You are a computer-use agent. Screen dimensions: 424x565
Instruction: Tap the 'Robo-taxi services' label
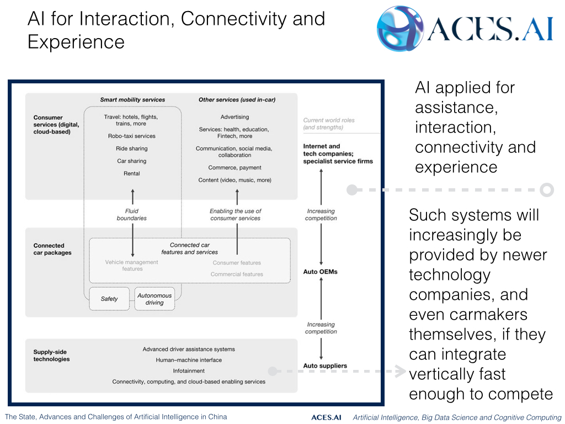coord(132,136)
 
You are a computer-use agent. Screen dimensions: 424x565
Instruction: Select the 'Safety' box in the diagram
coord(109,299)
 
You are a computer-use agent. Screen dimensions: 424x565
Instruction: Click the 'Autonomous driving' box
coord(154,299)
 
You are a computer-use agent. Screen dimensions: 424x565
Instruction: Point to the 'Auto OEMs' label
coord(320,272)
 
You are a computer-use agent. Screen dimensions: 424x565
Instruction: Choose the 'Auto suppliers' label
coord(325,366)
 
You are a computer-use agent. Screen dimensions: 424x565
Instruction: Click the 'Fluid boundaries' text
coord(132,214)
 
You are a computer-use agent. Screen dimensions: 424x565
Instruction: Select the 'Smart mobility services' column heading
coord(132,100)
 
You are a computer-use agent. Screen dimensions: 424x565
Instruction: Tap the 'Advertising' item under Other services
coord(234,117)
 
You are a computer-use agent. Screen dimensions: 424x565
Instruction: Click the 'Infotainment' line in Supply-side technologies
coord(189,371)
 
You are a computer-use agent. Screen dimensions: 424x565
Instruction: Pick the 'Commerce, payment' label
coord(234,168)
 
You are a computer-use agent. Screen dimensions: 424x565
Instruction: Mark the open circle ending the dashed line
coord(546,190)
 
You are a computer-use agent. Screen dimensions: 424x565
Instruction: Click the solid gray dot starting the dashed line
coord(351,190)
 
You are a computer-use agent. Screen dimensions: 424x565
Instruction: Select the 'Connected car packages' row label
coord(49,249)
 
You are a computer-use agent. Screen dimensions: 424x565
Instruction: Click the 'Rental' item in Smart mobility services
coord(132,173)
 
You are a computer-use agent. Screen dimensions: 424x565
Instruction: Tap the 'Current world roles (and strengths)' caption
coord(329,124)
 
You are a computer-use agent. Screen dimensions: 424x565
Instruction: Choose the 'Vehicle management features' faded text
coord(132,266)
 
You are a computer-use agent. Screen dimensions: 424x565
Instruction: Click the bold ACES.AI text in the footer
coord(326,417)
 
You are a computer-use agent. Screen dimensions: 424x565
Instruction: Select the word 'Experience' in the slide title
coord(76,42)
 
